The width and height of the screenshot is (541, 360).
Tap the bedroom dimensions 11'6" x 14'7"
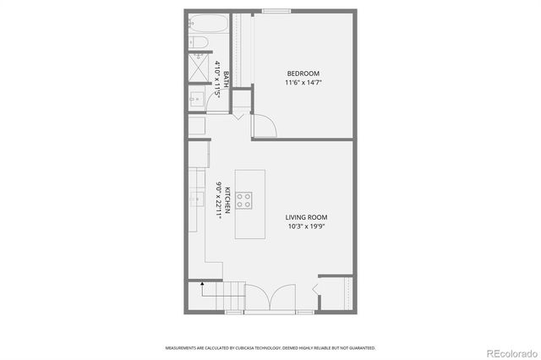(303, 83)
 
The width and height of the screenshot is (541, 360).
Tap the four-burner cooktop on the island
(243, 200)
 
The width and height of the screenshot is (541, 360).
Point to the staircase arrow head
(202, 285)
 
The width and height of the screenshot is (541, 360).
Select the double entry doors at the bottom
(269, 300)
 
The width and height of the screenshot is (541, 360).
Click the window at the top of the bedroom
(274, 11)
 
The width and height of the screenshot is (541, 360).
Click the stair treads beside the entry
(222, 297)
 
